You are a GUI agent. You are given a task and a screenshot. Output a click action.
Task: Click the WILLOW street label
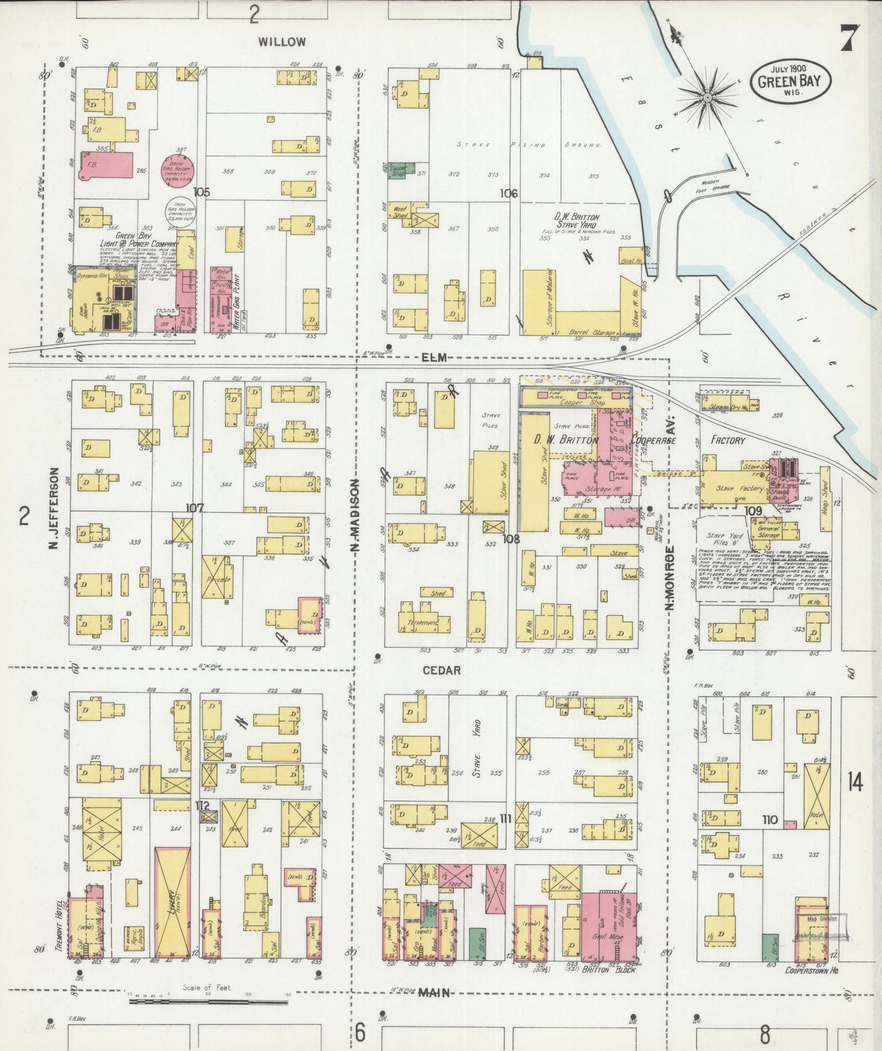(281, 42)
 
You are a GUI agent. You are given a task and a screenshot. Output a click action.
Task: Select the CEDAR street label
(441, 670)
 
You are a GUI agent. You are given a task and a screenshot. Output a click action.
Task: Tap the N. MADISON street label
(354, 515)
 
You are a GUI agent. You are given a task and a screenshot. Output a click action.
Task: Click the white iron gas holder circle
(179, 212)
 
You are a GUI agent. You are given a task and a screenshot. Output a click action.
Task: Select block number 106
(508, 193)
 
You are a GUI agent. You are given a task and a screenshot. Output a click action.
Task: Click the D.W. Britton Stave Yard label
(576, 221)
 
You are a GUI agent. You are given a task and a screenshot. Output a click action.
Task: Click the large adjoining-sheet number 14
(855, 782)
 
